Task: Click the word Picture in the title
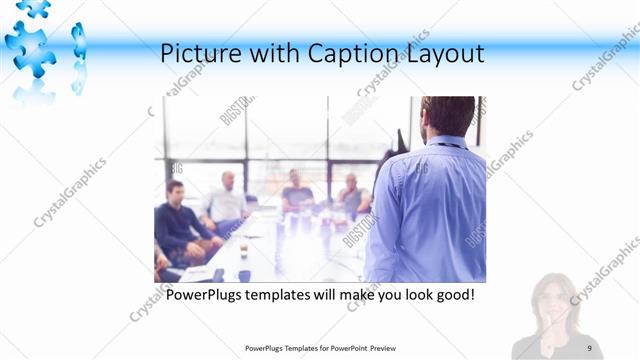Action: (x=198, y=54)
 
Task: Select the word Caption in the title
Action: (x=339, y=54)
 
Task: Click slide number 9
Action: (x=590, y=347)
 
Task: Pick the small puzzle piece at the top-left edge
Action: (x=32, y=8)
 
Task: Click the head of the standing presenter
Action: (x=447, y=116)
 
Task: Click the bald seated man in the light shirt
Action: (x=226, y=200)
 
